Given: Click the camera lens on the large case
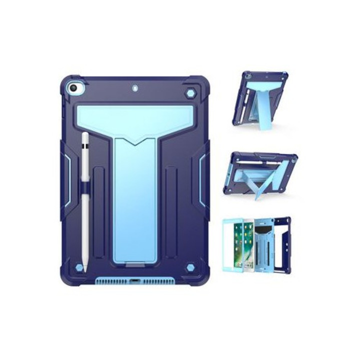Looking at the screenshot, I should pyautogui.click(x=73, y=88).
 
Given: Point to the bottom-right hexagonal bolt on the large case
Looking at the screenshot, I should pyautogui.click(x=190, y=268).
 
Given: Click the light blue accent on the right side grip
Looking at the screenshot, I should pyautogui.click(x=202, y=180).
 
